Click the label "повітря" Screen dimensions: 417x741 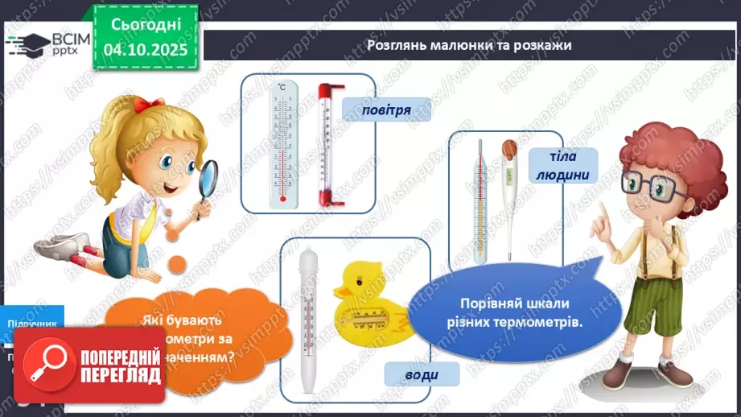(375, 109)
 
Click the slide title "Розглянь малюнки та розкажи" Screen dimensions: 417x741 (468, 45)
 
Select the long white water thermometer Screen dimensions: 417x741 (308, 314)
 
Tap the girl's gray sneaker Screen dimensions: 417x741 (75, 242)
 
